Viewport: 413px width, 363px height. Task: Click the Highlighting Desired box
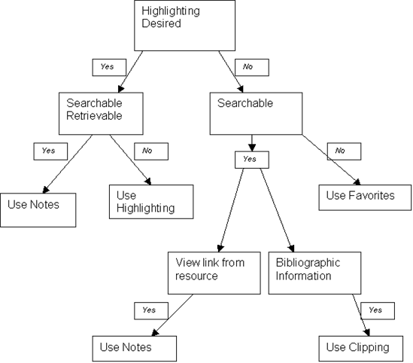[184, 26]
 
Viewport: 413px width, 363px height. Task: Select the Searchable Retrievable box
[101, 114]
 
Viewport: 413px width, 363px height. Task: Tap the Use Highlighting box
[151, 202]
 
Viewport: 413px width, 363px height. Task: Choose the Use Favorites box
[365, 197]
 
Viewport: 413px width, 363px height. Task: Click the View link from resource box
[214, 273]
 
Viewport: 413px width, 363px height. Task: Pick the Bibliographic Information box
[314, 273]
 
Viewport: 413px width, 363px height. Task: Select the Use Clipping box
[361, 349]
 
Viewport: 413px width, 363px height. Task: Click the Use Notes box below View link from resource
[135, 349]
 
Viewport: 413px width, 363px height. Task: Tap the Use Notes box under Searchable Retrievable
[38, 210]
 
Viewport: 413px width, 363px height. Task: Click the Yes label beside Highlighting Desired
[109, 68]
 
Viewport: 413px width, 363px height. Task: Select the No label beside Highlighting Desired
[252, 68]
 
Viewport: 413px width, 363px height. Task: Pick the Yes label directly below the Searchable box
[252, 160]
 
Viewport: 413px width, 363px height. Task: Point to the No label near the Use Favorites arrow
[344, 151]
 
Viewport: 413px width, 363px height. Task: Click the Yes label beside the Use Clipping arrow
[378, 311]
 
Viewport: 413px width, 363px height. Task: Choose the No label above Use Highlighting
[151, 151]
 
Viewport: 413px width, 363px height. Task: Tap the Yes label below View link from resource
[151, 311]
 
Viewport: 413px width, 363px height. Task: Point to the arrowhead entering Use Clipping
[367, 333]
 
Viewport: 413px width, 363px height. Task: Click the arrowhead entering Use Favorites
[357, 182]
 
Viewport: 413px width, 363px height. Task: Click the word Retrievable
[94, 116]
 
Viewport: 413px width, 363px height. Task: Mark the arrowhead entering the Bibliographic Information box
[292, 249]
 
